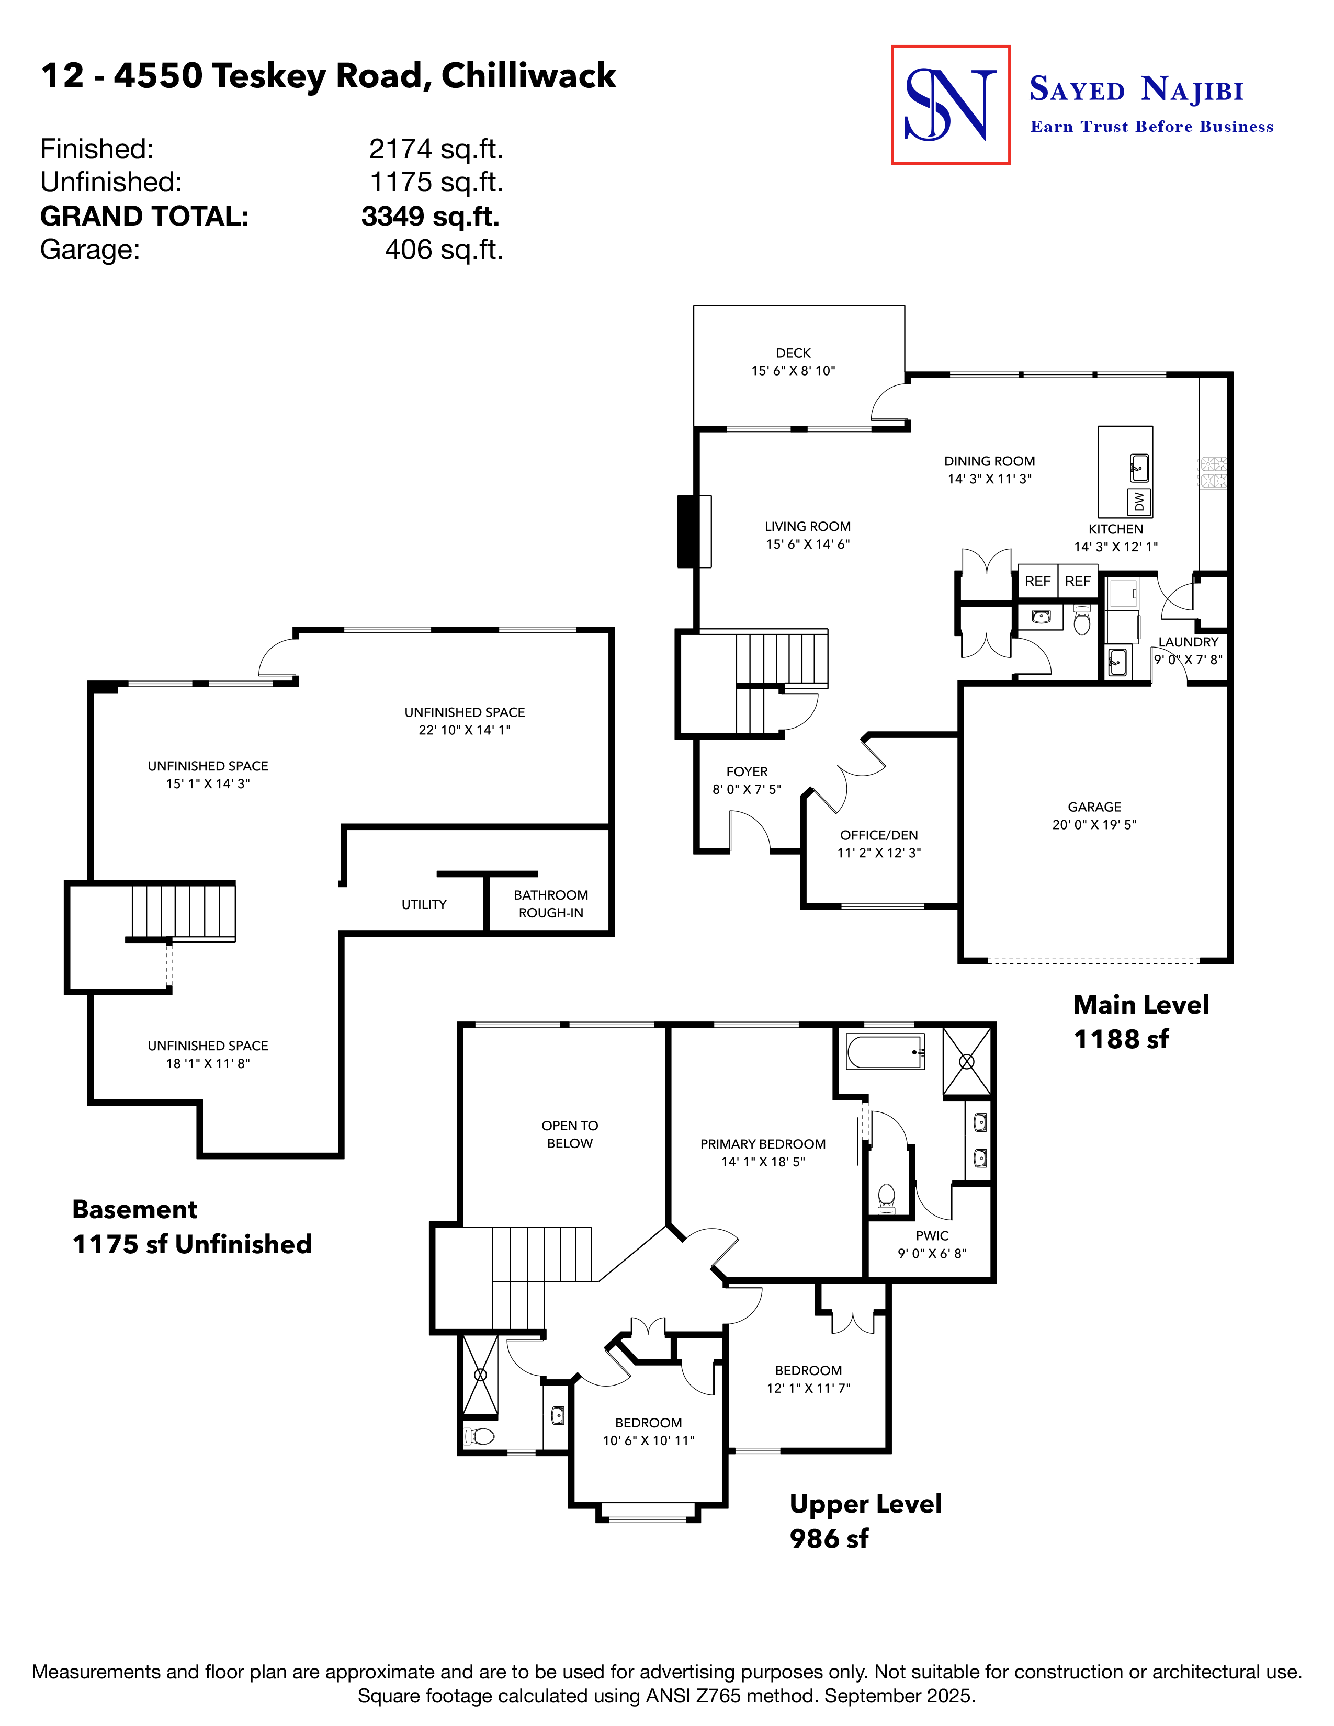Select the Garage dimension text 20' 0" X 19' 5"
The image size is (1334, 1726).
(x=1094, y=824)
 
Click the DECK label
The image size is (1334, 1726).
(x=793, y=353)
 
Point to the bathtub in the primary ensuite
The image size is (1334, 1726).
(x=885, y=1052)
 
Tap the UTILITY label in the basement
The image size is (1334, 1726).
(x=424, y=904)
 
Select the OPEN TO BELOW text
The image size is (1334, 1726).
(x=569, y=1134)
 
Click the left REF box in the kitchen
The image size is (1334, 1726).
(x=1037, y=582)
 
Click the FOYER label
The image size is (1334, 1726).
(x=747, y=771)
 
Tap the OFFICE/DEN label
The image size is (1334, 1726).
(x=879, y=835)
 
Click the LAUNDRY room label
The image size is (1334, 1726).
(x=1188, y=642)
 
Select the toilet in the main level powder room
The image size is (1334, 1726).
(x=1082, y=621)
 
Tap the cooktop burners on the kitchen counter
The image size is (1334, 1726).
(x=1213, y=473)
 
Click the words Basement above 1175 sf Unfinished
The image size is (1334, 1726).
(x=134, y=1209)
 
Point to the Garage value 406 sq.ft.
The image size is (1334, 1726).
(x=444, y=249)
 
